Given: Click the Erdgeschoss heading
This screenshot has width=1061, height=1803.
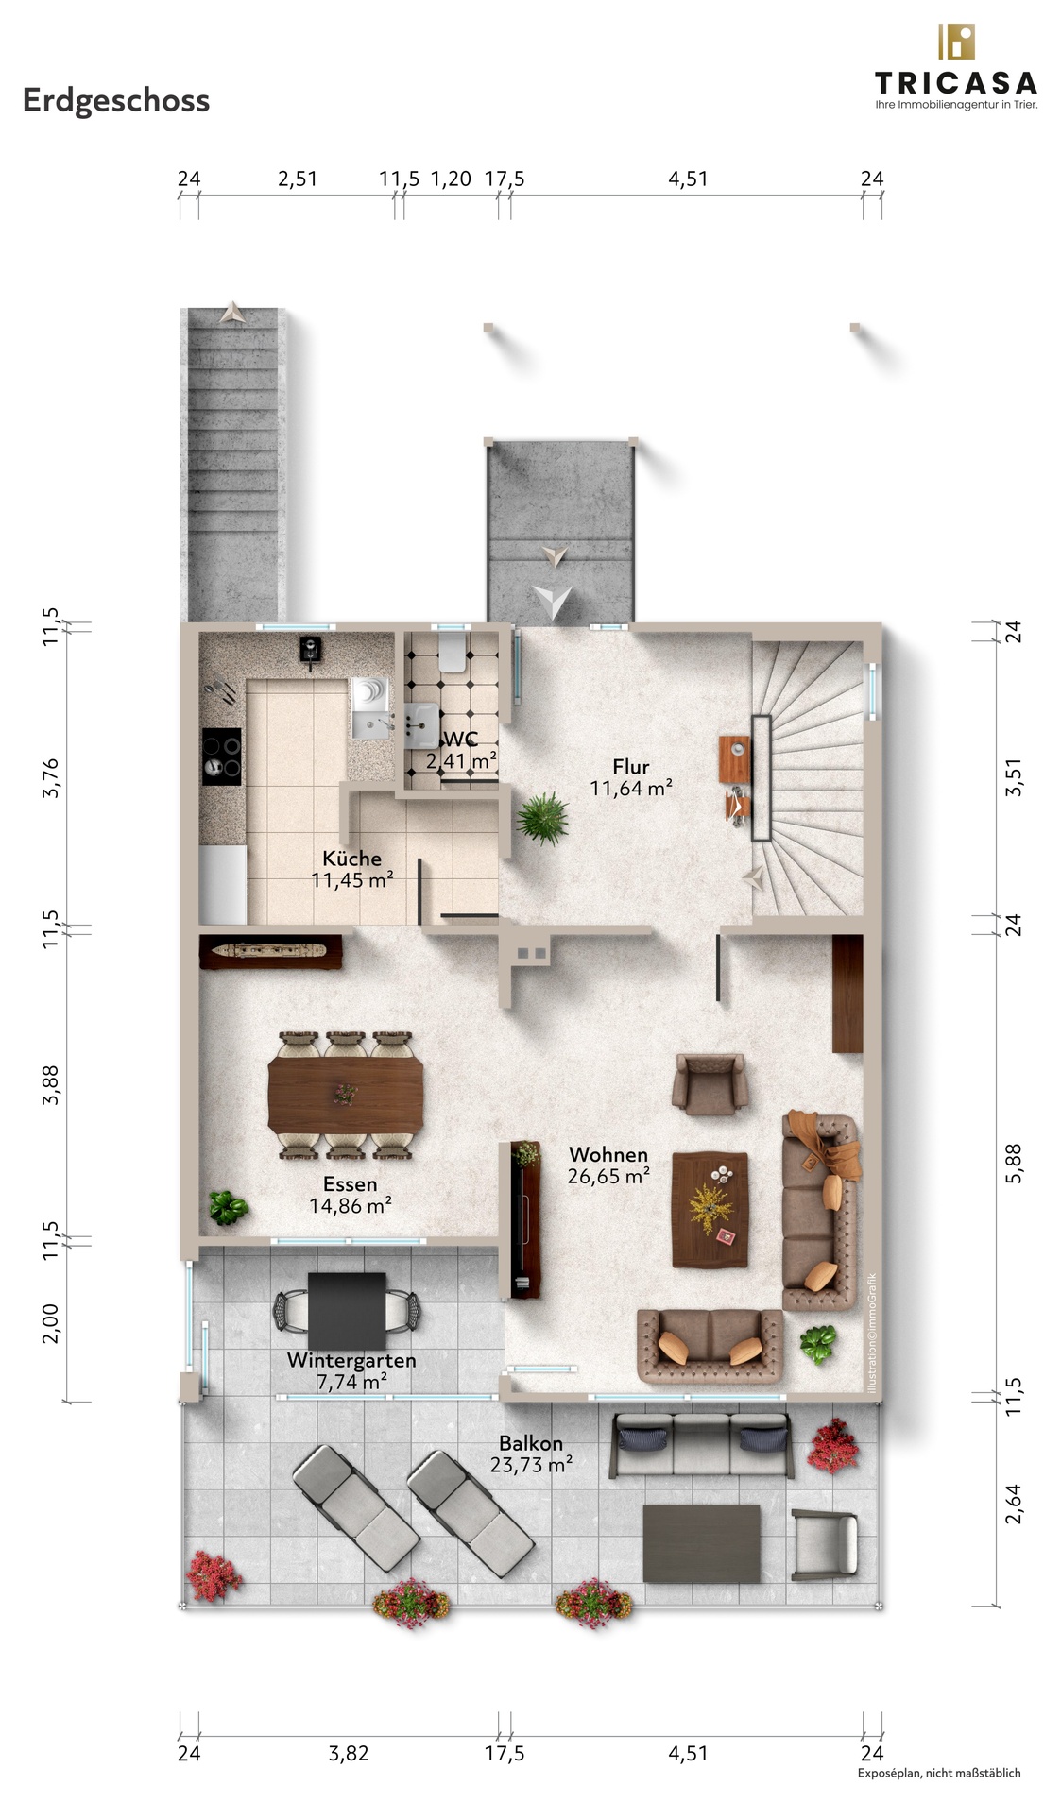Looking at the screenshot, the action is tap(116, 100).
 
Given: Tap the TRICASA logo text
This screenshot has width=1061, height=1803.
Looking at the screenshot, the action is tap(955, 83).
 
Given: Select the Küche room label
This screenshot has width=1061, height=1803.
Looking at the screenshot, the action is tap(351, 859).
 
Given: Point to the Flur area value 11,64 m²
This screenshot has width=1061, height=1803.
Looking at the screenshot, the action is tap(631, 788).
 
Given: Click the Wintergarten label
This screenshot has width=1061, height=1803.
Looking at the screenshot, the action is tap(351, 1361).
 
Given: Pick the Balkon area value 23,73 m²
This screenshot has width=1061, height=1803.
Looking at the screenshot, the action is tap(531, 1465).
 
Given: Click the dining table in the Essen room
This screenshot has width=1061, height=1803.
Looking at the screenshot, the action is tap(346, 1094).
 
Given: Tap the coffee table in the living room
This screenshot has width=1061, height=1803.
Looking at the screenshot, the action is tap(710, 1210).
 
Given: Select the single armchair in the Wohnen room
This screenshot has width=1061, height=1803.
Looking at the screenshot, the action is tap(710, 1082).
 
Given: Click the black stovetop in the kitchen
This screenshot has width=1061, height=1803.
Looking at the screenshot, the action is tap(222, 757).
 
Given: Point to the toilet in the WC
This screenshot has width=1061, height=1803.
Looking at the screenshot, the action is tap(452, 653).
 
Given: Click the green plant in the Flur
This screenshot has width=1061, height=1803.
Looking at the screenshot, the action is tap(543, 817).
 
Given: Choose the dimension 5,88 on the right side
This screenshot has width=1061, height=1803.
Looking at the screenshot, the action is tap(1014, 1163).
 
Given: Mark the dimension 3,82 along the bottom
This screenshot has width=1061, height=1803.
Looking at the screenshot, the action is tap(349, 1754).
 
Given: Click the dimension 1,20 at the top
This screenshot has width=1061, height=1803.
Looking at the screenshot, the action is tap(451, 179).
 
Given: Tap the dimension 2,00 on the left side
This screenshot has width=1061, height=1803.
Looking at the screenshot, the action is tap(51, 1323).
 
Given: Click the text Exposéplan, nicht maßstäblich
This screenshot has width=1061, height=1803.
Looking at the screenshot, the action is tap(939, 1773).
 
